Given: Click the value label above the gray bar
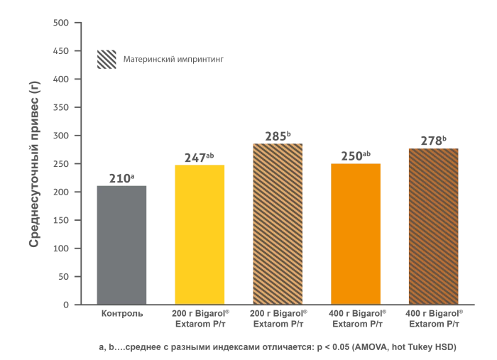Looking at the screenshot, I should [122, 177].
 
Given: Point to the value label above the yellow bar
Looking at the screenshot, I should [198, 156].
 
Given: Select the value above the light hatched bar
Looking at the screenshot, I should [278, 136].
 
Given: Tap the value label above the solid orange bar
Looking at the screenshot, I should [357, 154].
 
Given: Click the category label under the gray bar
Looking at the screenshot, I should [122, 313].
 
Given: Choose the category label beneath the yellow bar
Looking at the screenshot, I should [200, 317].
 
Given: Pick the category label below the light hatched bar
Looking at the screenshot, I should [278, 317].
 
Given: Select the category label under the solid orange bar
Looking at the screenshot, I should [356, 317].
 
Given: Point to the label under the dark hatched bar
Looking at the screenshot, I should [434, 317].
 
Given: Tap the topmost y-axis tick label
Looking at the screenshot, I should [65, 23].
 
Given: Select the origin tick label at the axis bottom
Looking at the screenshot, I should [66, 307].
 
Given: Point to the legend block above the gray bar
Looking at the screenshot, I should [108, 60].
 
